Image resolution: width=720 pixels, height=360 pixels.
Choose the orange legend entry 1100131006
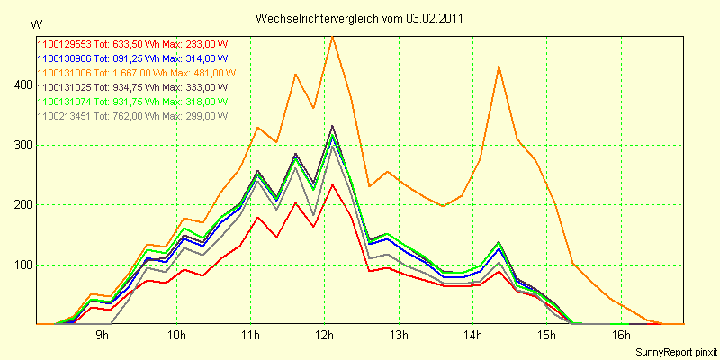coord(136,73)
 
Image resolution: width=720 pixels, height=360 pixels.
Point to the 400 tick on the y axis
coord(20,85)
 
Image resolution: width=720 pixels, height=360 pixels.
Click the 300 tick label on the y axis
coord(20,145)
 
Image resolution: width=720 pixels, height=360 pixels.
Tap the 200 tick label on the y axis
coord(20,204)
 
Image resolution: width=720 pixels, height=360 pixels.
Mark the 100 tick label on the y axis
coord(20,265)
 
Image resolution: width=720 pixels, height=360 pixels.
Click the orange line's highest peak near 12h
coord(332,37)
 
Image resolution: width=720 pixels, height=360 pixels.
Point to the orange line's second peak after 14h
coord(499,67)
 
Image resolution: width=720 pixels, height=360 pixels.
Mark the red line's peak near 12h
coord(332,185)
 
